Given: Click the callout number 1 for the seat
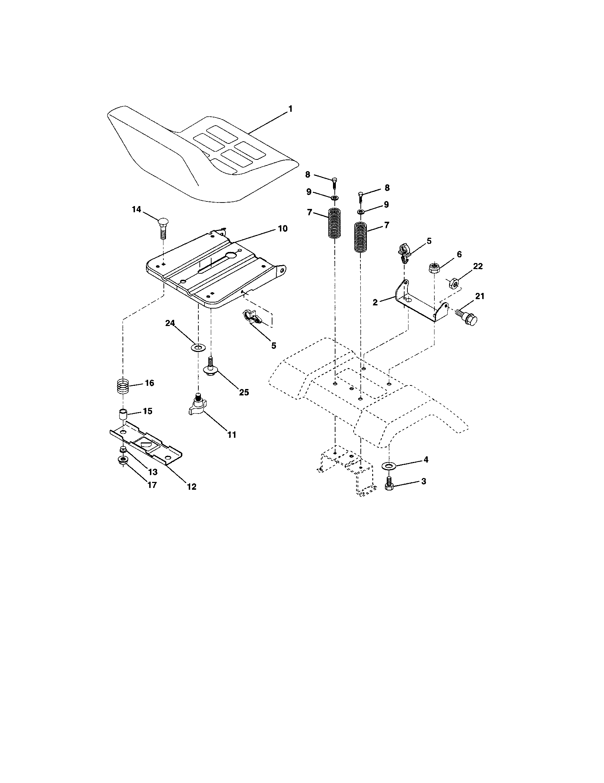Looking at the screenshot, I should [x=291, y=109].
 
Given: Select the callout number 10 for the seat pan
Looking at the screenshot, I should [x=283, y=229].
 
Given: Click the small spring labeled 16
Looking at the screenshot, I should [x=123, y=387].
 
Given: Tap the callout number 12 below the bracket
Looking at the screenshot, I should [x=192, y=487].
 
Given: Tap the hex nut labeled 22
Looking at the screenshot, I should [x=453, y=284].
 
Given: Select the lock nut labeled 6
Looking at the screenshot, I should [x=434, y=268].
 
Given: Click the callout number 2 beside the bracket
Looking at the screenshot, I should [x=375, y=302].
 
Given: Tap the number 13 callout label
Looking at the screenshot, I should [x=153, y=472].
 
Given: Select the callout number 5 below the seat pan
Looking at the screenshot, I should [x=274, y=346].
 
